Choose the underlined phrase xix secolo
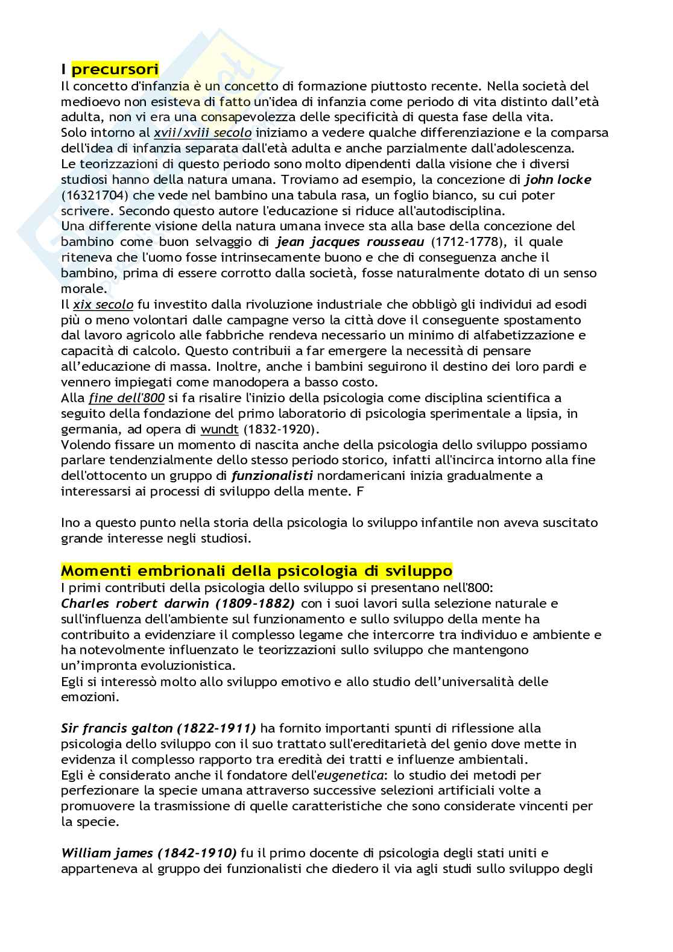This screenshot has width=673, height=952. (x=103, y=304)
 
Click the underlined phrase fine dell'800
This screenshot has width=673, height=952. (x=118, y=398)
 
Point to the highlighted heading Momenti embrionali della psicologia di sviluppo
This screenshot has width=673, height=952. (x=257, y=570)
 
